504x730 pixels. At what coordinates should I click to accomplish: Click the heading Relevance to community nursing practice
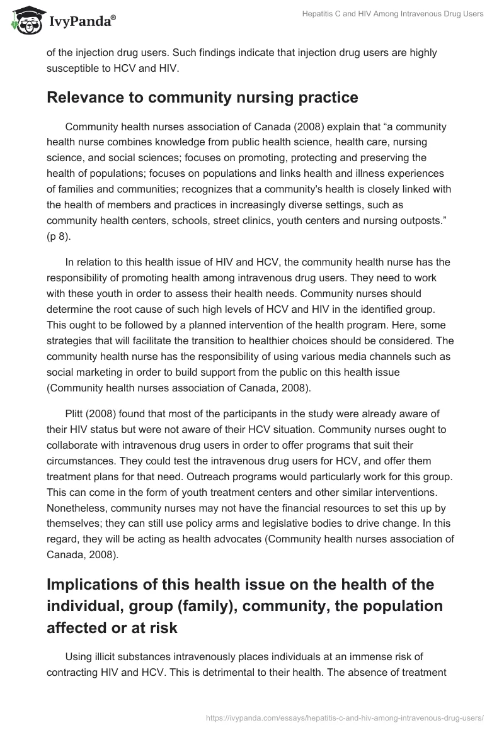202,98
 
